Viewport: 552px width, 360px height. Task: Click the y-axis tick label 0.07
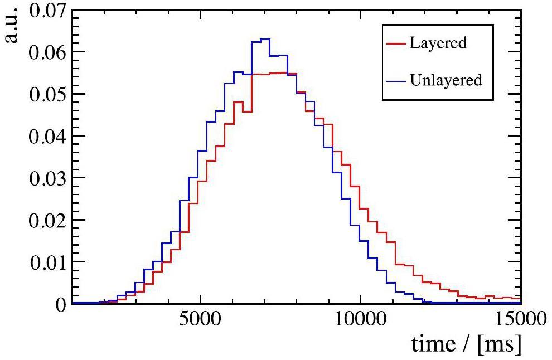[46, 11]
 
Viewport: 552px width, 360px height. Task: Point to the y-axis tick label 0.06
[46, 52]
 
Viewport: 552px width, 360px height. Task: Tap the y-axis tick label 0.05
[46, 94]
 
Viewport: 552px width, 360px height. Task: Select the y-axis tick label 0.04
[46, 136]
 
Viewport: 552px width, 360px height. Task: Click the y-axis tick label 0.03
[46, 178]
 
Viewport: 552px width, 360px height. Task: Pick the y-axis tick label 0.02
[46, 220]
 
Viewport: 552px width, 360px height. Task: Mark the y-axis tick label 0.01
[46, 262]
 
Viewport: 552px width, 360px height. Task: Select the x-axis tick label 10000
[361, 322]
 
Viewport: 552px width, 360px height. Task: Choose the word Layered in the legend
[438, 43]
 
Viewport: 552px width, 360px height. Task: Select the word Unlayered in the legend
[446, 80]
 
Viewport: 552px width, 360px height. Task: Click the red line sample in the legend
[395, 43]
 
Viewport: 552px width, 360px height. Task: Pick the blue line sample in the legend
[395, 80]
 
